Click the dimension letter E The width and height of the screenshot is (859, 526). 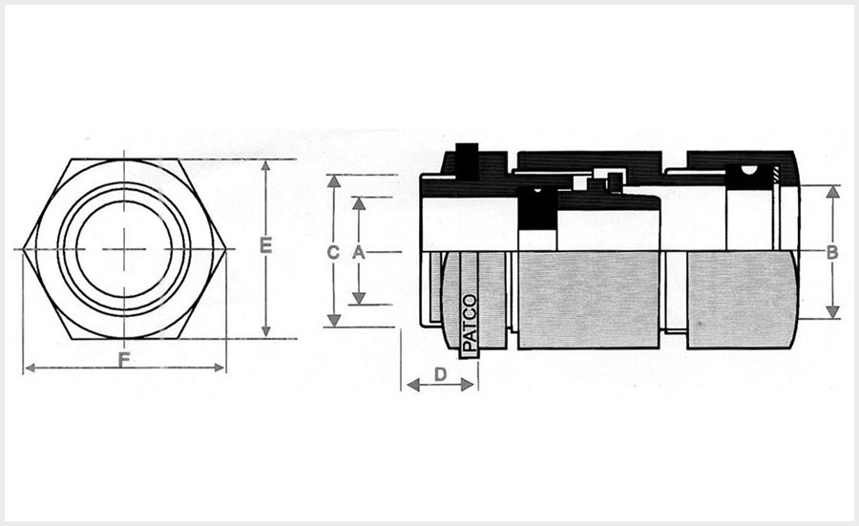pyautogui.click(x=265, y=246)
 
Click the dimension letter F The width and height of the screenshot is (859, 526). pyautogui.click(x=124, y=360)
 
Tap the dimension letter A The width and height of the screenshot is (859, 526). pyautogui.click(x=359, y=252)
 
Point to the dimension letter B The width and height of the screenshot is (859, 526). pyautogui.click(x=832, y=253)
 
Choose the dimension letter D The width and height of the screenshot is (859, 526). pyautogui.click(x=440, y=375)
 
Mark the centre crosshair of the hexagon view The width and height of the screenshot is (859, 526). pyautogui.click(x=124, y=249)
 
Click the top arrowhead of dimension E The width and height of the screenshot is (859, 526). pyautogui.click(x=265, y=165)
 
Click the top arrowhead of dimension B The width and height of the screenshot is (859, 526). pyautogui.click(x=832, y=191)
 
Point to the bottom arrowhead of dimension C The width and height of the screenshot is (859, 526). pyautogui.click(x=332, y=321)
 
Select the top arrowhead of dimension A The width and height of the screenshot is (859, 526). pyautogui.click(x=359, y=202)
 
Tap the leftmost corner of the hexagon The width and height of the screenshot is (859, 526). pyautogui.click(x=22, y=249)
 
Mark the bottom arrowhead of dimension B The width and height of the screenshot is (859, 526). pyautogui.click(x=832, y=312)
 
